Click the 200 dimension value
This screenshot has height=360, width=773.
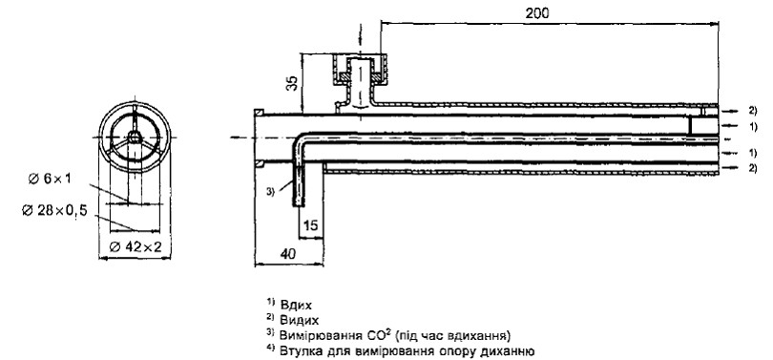click(x=537, y=13)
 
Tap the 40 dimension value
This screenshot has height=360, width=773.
click(x=288, y=253)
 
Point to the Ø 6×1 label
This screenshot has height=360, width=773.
click(x=50, y=179)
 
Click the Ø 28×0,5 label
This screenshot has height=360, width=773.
click(x=54, y=211)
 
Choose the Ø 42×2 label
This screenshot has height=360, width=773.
click(x=136, y=246)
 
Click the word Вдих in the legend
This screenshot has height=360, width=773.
click(x=296, y=305)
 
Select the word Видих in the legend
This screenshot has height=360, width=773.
click(x=300, y=320)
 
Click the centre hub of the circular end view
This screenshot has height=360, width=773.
click(x=135, y=137)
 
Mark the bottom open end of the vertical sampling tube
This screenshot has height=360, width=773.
click(x=299, y=205)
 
